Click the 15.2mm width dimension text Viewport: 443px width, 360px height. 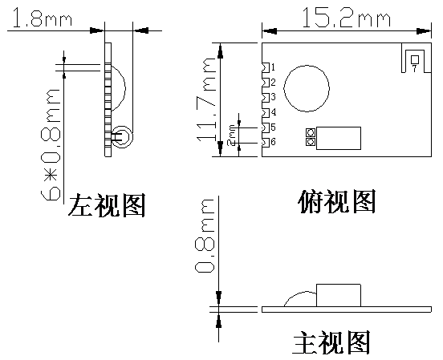[347, 18]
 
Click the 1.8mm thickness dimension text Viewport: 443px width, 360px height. [41, 18]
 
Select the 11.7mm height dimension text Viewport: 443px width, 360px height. [205, 99]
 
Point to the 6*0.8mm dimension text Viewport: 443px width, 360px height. [51, 144]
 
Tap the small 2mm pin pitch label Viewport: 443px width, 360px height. [232, 135]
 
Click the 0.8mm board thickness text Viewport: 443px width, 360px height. [205, 236]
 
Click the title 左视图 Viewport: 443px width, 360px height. [107, 205]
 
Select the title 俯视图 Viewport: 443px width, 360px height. [337, 201]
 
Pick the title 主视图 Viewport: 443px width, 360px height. [331, 342]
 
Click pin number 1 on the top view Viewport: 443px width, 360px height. [273, 67]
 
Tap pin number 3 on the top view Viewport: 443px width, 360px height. [273, 97]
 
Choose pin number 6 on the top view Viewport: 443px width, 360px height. [273, 142]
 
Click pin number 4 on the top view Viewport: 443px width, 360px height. [273, 112]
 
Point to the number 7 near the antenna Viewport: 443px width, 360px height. [414, 69]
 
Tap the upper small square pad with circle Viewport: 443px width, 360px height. [311, 132]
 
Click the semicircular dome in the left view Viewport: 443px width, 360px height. [124, 88]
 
